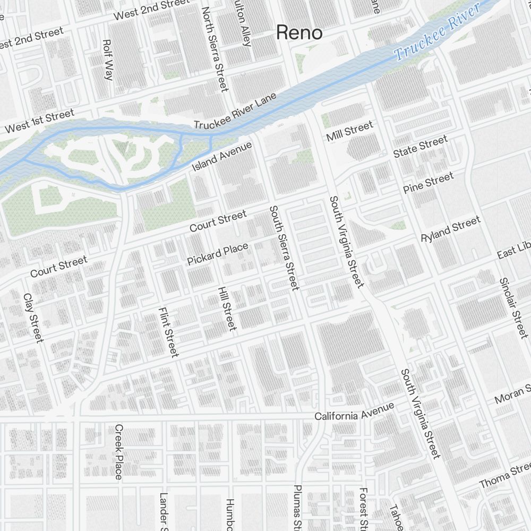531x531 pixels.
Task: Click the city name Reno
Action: (299, 33)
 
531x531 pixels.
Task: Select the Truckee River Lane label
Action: (235, 112)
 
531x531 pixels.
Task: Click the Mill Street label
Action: (349, 131)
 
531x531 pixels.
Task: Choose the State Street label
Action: (420, 147)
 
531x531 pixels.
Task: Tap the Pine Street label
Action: (428, 182)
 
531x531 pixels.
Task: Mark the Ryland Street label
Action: (450, 229)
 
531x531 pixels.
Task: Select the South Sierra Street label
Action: (284, 248)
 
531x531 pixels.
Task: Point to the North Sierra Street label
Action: (215, 49)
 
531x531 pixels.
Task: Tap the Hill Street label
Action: (227, 309)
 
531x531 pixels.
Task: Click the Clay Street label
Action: (33, 318)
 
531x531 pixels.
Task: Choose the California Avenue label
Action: (354, 412)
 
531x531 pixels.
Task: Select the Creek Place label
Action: (118, 451)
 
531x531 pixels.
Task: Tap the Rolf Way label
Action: (108, 59)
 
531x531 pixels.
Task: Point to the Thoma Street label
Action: (504, 476)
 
